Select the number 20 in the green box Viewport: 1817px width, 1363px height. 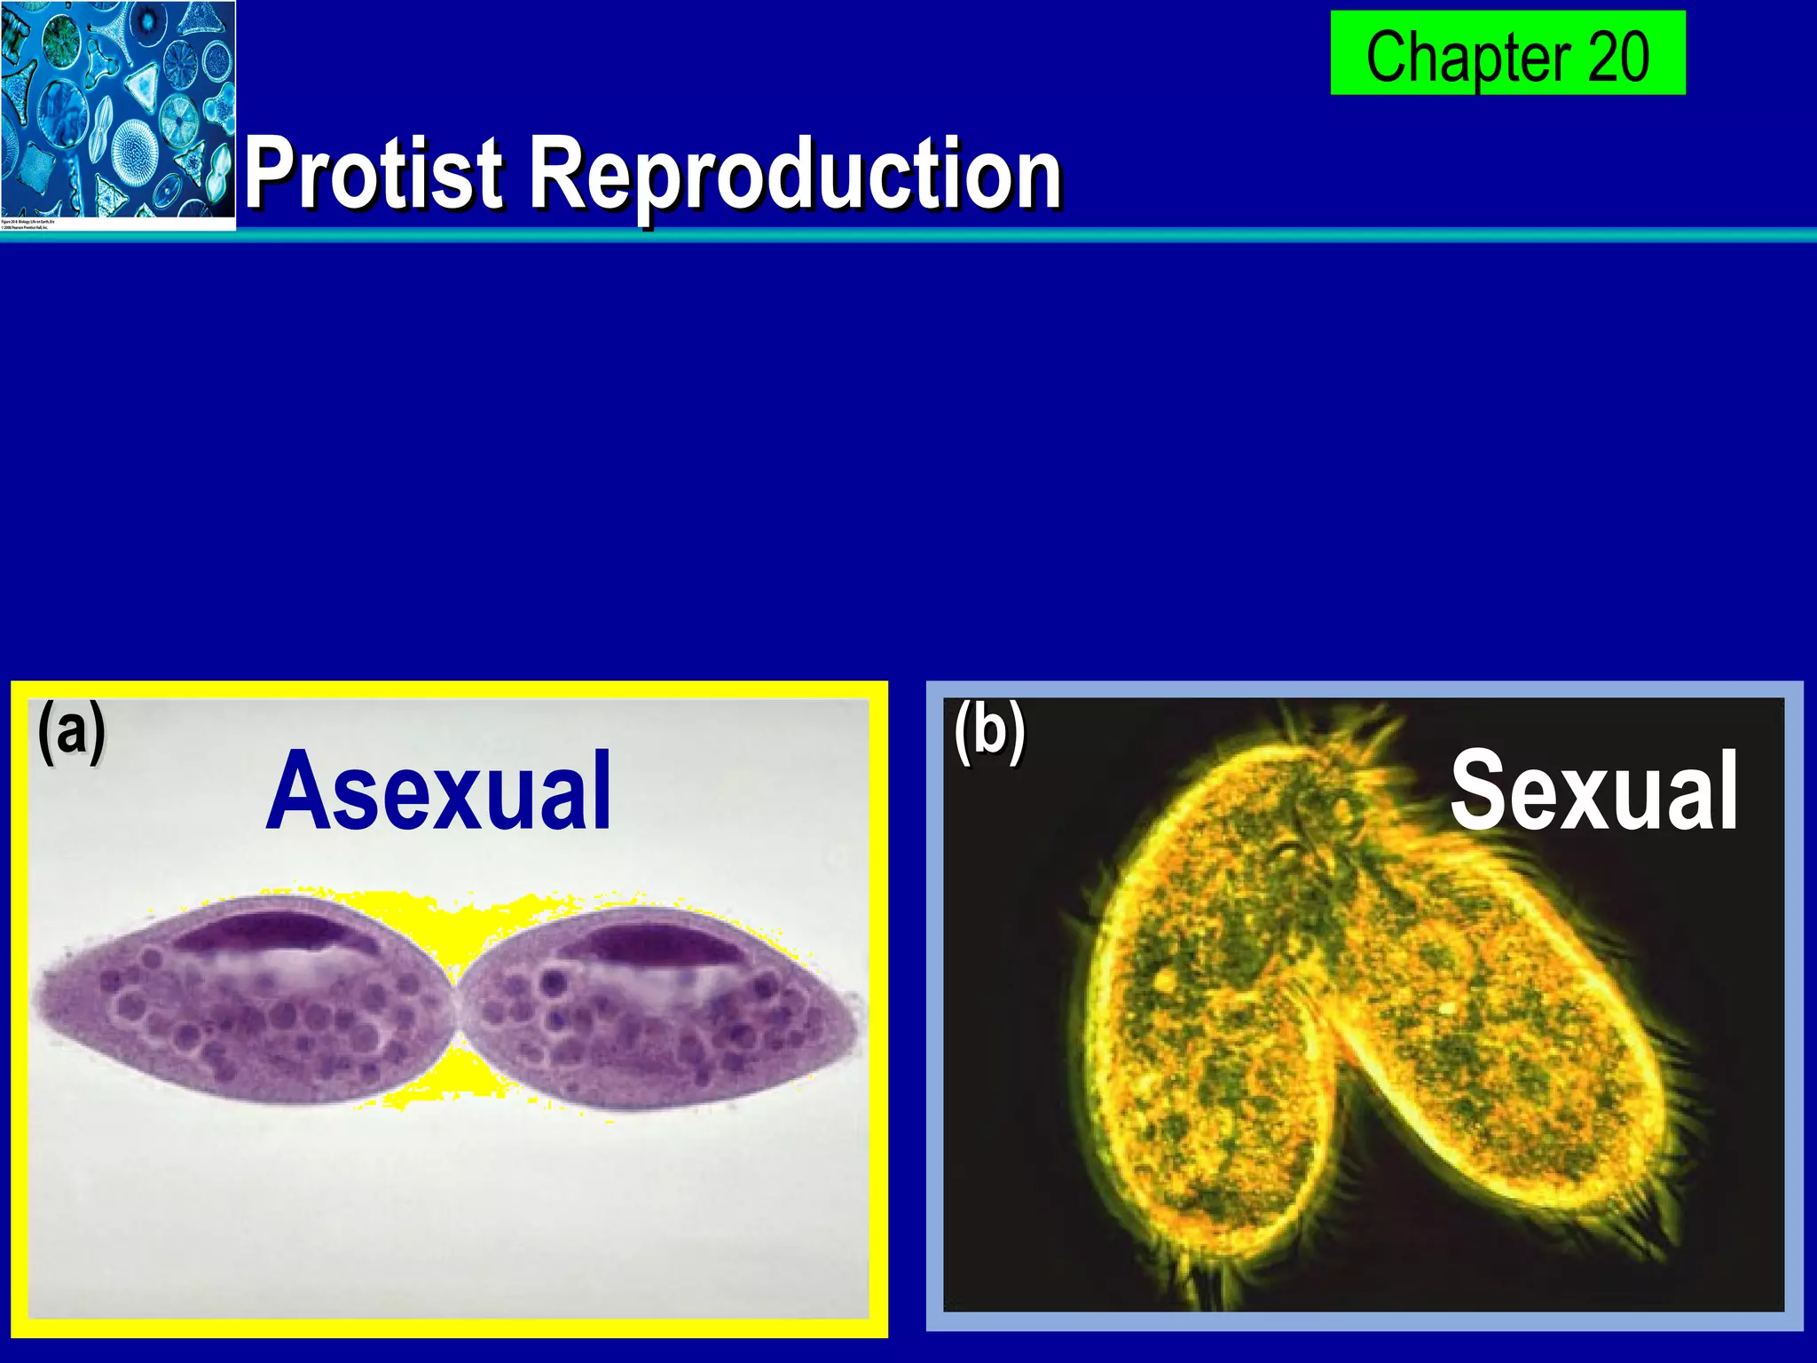1618,56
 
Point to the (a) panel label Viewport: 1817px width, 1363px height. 71,732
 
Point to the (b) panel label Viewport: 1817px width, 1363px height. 989,732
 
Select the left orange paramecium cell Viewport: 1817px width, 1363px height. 1215,1020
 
